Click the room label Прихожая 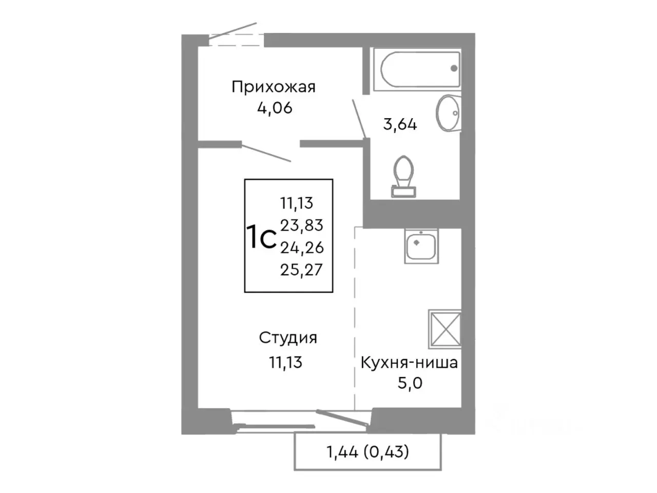273,87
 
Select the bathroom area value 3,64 400,124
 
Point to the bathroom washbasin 448,113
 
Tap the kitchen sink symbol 421,246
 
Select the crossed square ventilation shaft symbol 444,329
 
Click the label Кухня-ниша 409,363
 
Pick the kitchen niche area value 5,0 410,383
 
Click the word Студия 287,338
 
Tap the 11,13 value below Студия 286,363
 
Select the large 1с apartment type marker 262,238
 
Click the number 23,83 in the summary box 302,225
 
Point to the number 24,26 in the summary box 302,248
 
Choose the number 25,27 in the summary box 302,270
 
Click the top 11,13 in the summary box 297,203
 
